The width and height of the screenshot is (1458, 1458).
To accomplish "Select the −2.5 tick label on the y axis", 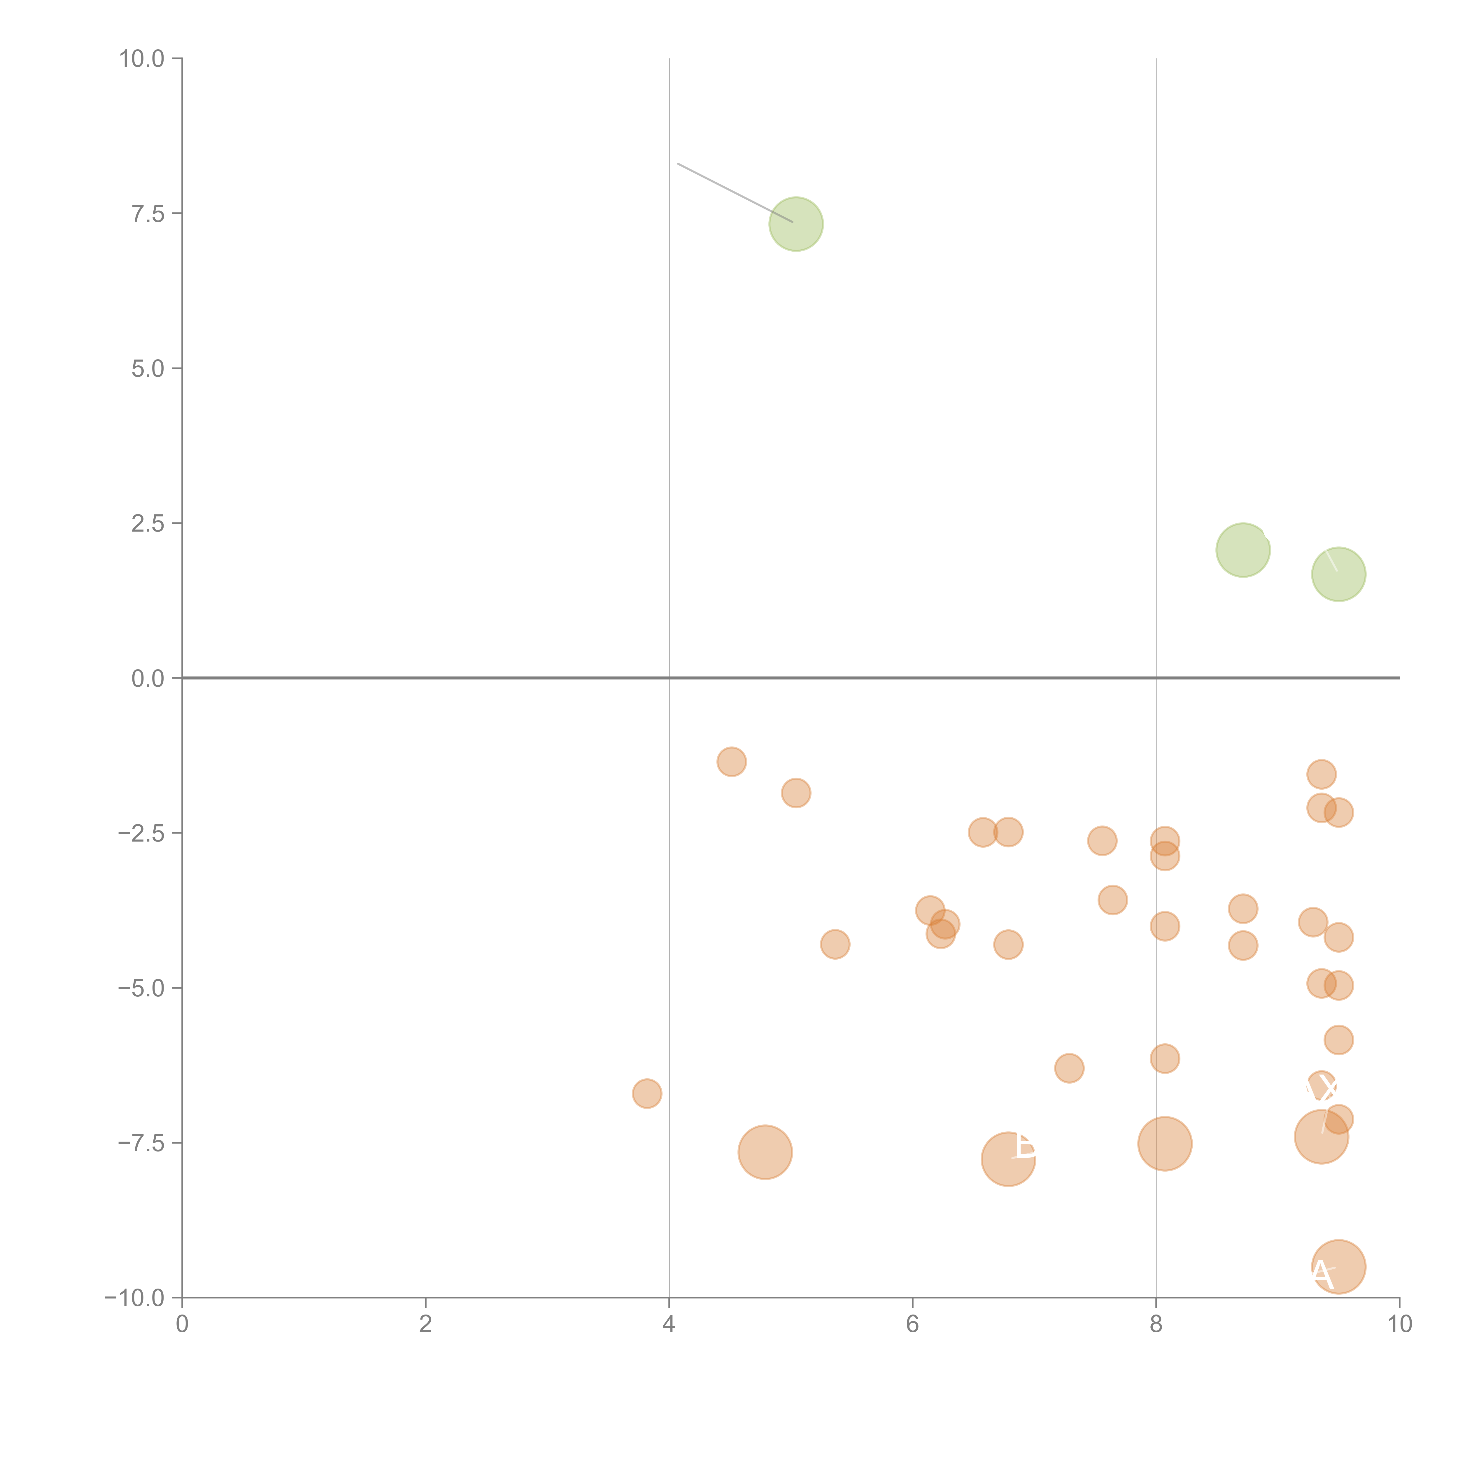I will (x=141, y=833).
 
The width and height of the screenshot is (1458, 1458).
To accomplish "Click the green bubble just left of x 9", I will (x=1242, y=550).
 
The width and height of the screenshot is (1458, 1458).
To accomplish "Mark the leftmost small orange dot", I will (x=647, y=1093).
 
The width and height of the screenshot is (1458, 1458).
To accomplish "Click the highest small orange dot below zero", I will (x=731, y=761).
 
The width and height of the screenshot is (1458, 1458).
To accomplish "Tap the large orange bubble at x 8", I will (x=1164, y=1144).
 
